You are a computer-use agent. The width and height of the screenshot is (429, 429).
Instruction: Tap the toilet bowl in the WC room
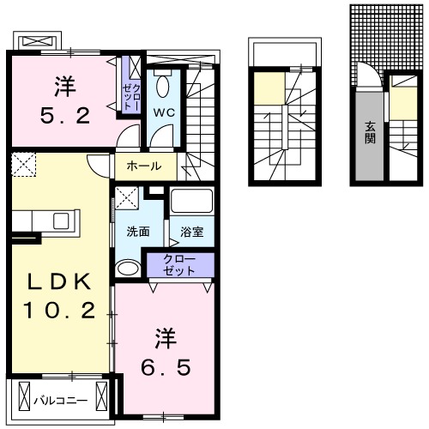(164, 87)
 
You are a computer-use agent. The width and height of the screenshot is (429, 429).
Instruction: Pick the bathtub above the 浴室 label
(188, 202)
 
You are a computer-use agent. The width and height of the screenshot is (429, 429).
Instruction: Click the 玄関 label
(371, 133)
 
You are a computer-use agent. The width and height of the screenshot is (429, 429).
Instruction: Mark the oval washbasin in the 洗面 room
(127, 270)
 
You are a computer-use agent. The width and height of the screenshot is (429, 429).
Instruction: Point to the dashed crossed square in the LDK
(23, 163)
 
